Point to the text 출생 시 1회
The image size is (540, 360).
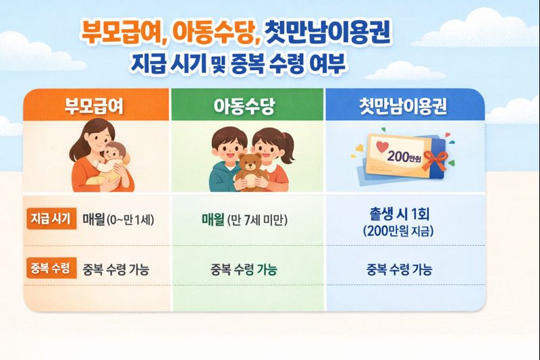coord(399,215)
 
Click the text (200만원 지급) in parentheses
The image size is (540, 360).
coord(399,232)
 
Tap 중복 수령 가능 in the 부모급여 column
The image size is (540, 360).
coord(115,269)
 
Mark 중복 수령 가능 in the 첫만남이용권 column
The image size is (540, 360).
coord(399,269)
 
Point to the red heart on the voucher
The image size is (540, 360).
coord(382,147)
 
